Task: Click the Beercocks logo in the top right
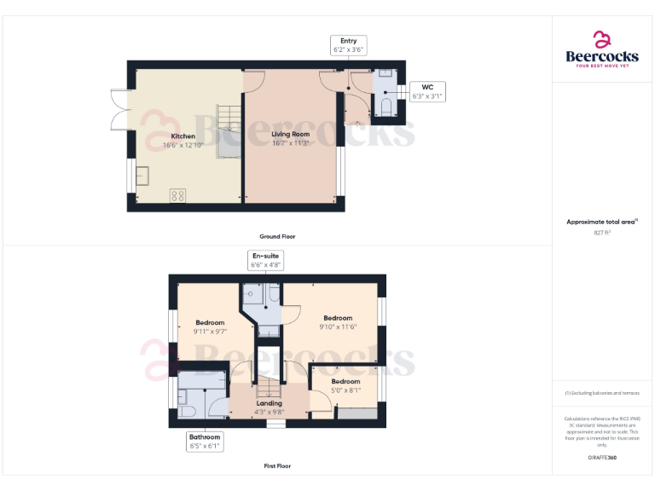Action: tap(602, 49)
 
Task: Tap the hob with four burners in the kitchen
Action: tap(178, 196)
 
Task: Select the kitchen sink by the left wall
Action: tap(141, 176)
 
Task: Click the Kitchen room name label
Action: tap(183, 136)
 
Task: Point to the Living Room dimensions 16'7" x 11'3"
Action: tap(290, 143)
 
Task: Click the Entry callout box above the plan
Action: tap(348, 45)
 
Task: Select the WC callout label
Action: tap(427, 91)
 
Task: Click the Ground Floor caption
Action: tap(277, 236)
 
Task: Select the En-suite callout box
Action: tap(264, 260)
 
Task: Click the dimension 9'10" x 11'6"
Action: tap(338, 326)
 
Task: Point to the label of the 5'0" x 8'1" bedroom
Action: tap(345, 381)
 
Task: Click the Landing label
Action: tap(269, 403)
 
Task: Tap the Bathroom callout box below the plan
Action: tap(205, 441)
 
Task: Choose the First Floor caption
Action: tap(277, 466)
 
